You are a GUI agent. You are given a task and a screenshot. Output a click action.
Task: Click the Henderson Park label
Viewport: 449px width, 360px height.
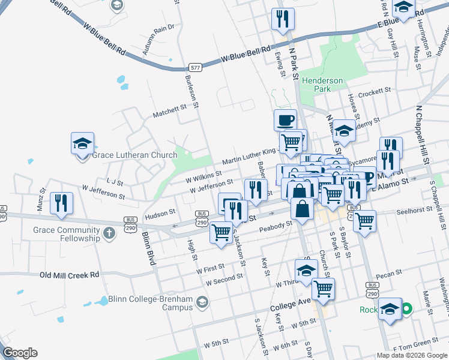pos(322,85)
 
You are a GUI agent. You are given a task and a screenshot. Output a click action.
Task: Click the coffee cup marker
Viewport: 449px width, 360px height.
pos(286,120)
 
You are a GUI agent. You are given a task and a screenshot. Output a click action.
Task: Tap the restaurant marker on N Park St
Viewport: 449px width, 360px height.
pos(283,19)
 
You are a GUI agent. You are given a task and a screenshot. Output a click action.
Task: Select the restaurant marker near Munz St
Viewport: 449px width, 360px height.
pos(61,203)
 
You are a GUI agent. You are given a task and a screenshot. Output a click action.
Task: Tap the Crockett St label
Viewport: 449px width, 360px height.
pos(374,95)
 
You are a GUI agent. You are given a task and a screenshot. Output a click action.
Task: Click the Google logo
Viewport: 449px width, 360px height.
pos(20,353)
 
